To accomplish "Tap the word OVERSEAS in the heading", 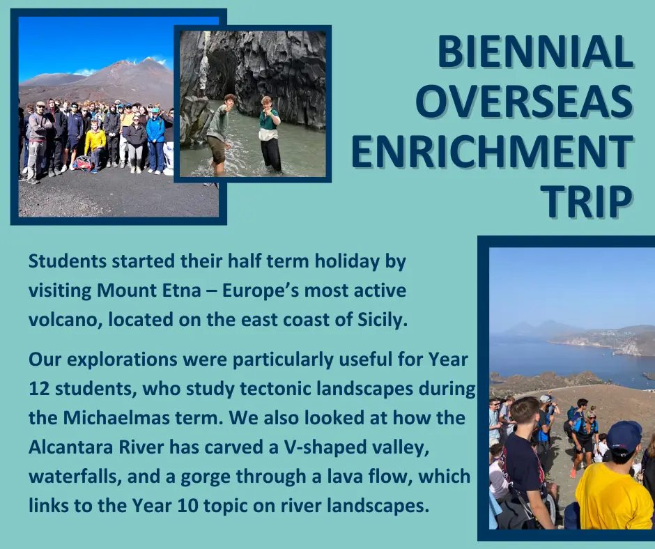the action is tap(524, 102).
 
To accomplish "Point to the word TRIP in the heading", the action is tap(587, 201).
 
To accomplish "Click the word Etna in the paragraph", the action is tap(183, 291).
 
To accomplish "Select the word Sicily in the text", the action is tap(383, 320).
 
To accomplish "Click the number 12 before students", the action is tap(39, 389).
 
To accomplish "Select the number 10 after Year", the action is tap(187, 506).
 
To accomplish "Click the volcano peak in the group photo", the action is tap(148, 61).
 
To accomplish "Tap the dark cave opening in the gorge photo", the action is tap(221, 75).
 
